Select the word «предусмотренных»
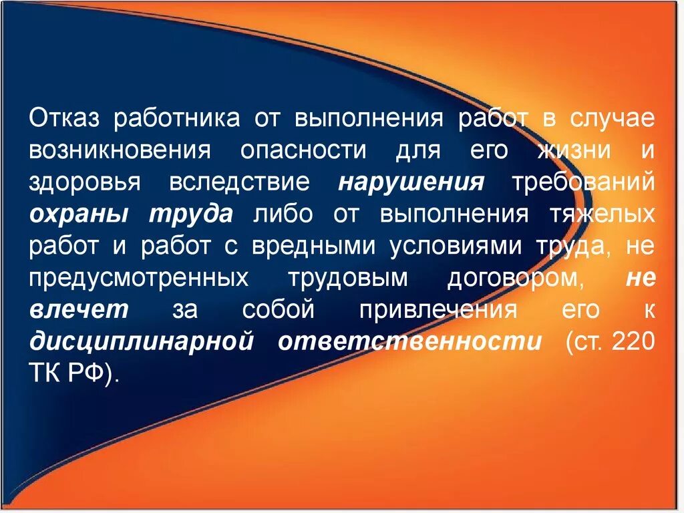(138, 279)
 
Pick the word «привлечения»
(438, 311)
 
